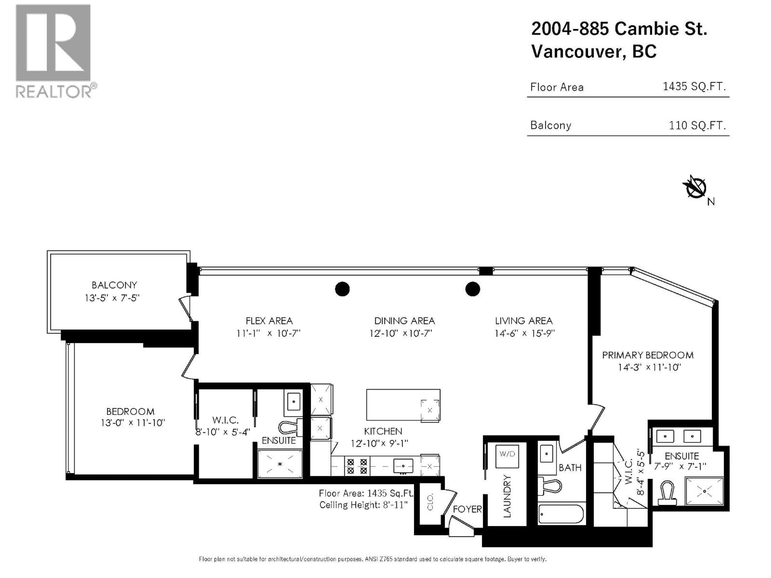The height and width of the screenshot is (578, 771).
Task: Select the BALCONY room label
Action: point(114,285)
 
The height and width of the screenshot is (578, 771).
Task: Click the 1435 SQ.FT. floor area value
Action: point(694,86)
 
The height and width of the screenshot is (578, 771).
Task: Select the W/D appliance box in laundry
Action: point(507,456)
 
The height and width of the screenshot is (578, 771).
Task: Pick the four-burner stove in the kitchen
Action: point(357,466)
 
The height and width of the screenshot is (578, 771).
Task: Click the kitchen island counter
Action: point(397,404)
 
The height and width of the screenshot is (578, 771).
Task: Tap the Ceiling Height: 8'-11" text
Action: point(363,505)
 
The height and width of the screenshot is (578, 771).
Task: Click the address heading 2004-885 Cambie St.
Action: point(619,28)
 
